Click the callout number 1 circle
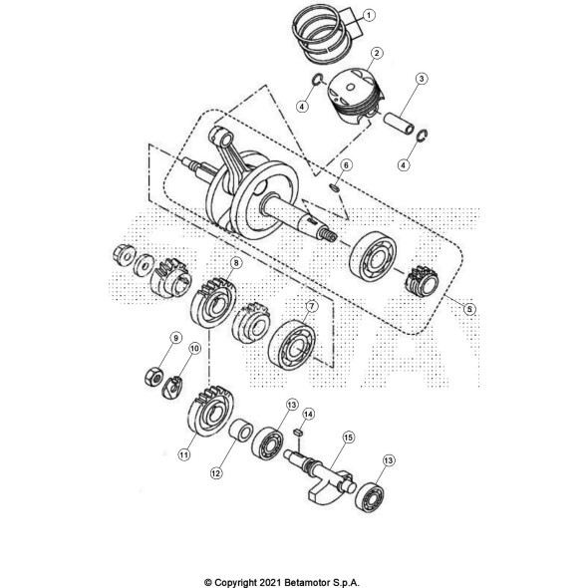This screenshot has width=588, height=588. (369, 15)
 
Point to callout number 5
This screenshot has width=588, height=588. (469, 309)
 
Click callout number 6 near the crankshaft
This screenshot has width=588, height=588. (346, 164)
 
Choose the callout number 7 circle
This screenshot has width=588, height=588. (310, 306)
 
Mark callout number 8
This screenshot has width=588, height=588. (235, 264)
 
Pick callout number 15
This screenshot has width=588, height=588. (349, 438)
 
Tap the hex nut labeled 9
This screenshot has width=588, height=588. (152, 377)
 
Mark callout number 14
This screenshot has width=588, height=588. (308, 414)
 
